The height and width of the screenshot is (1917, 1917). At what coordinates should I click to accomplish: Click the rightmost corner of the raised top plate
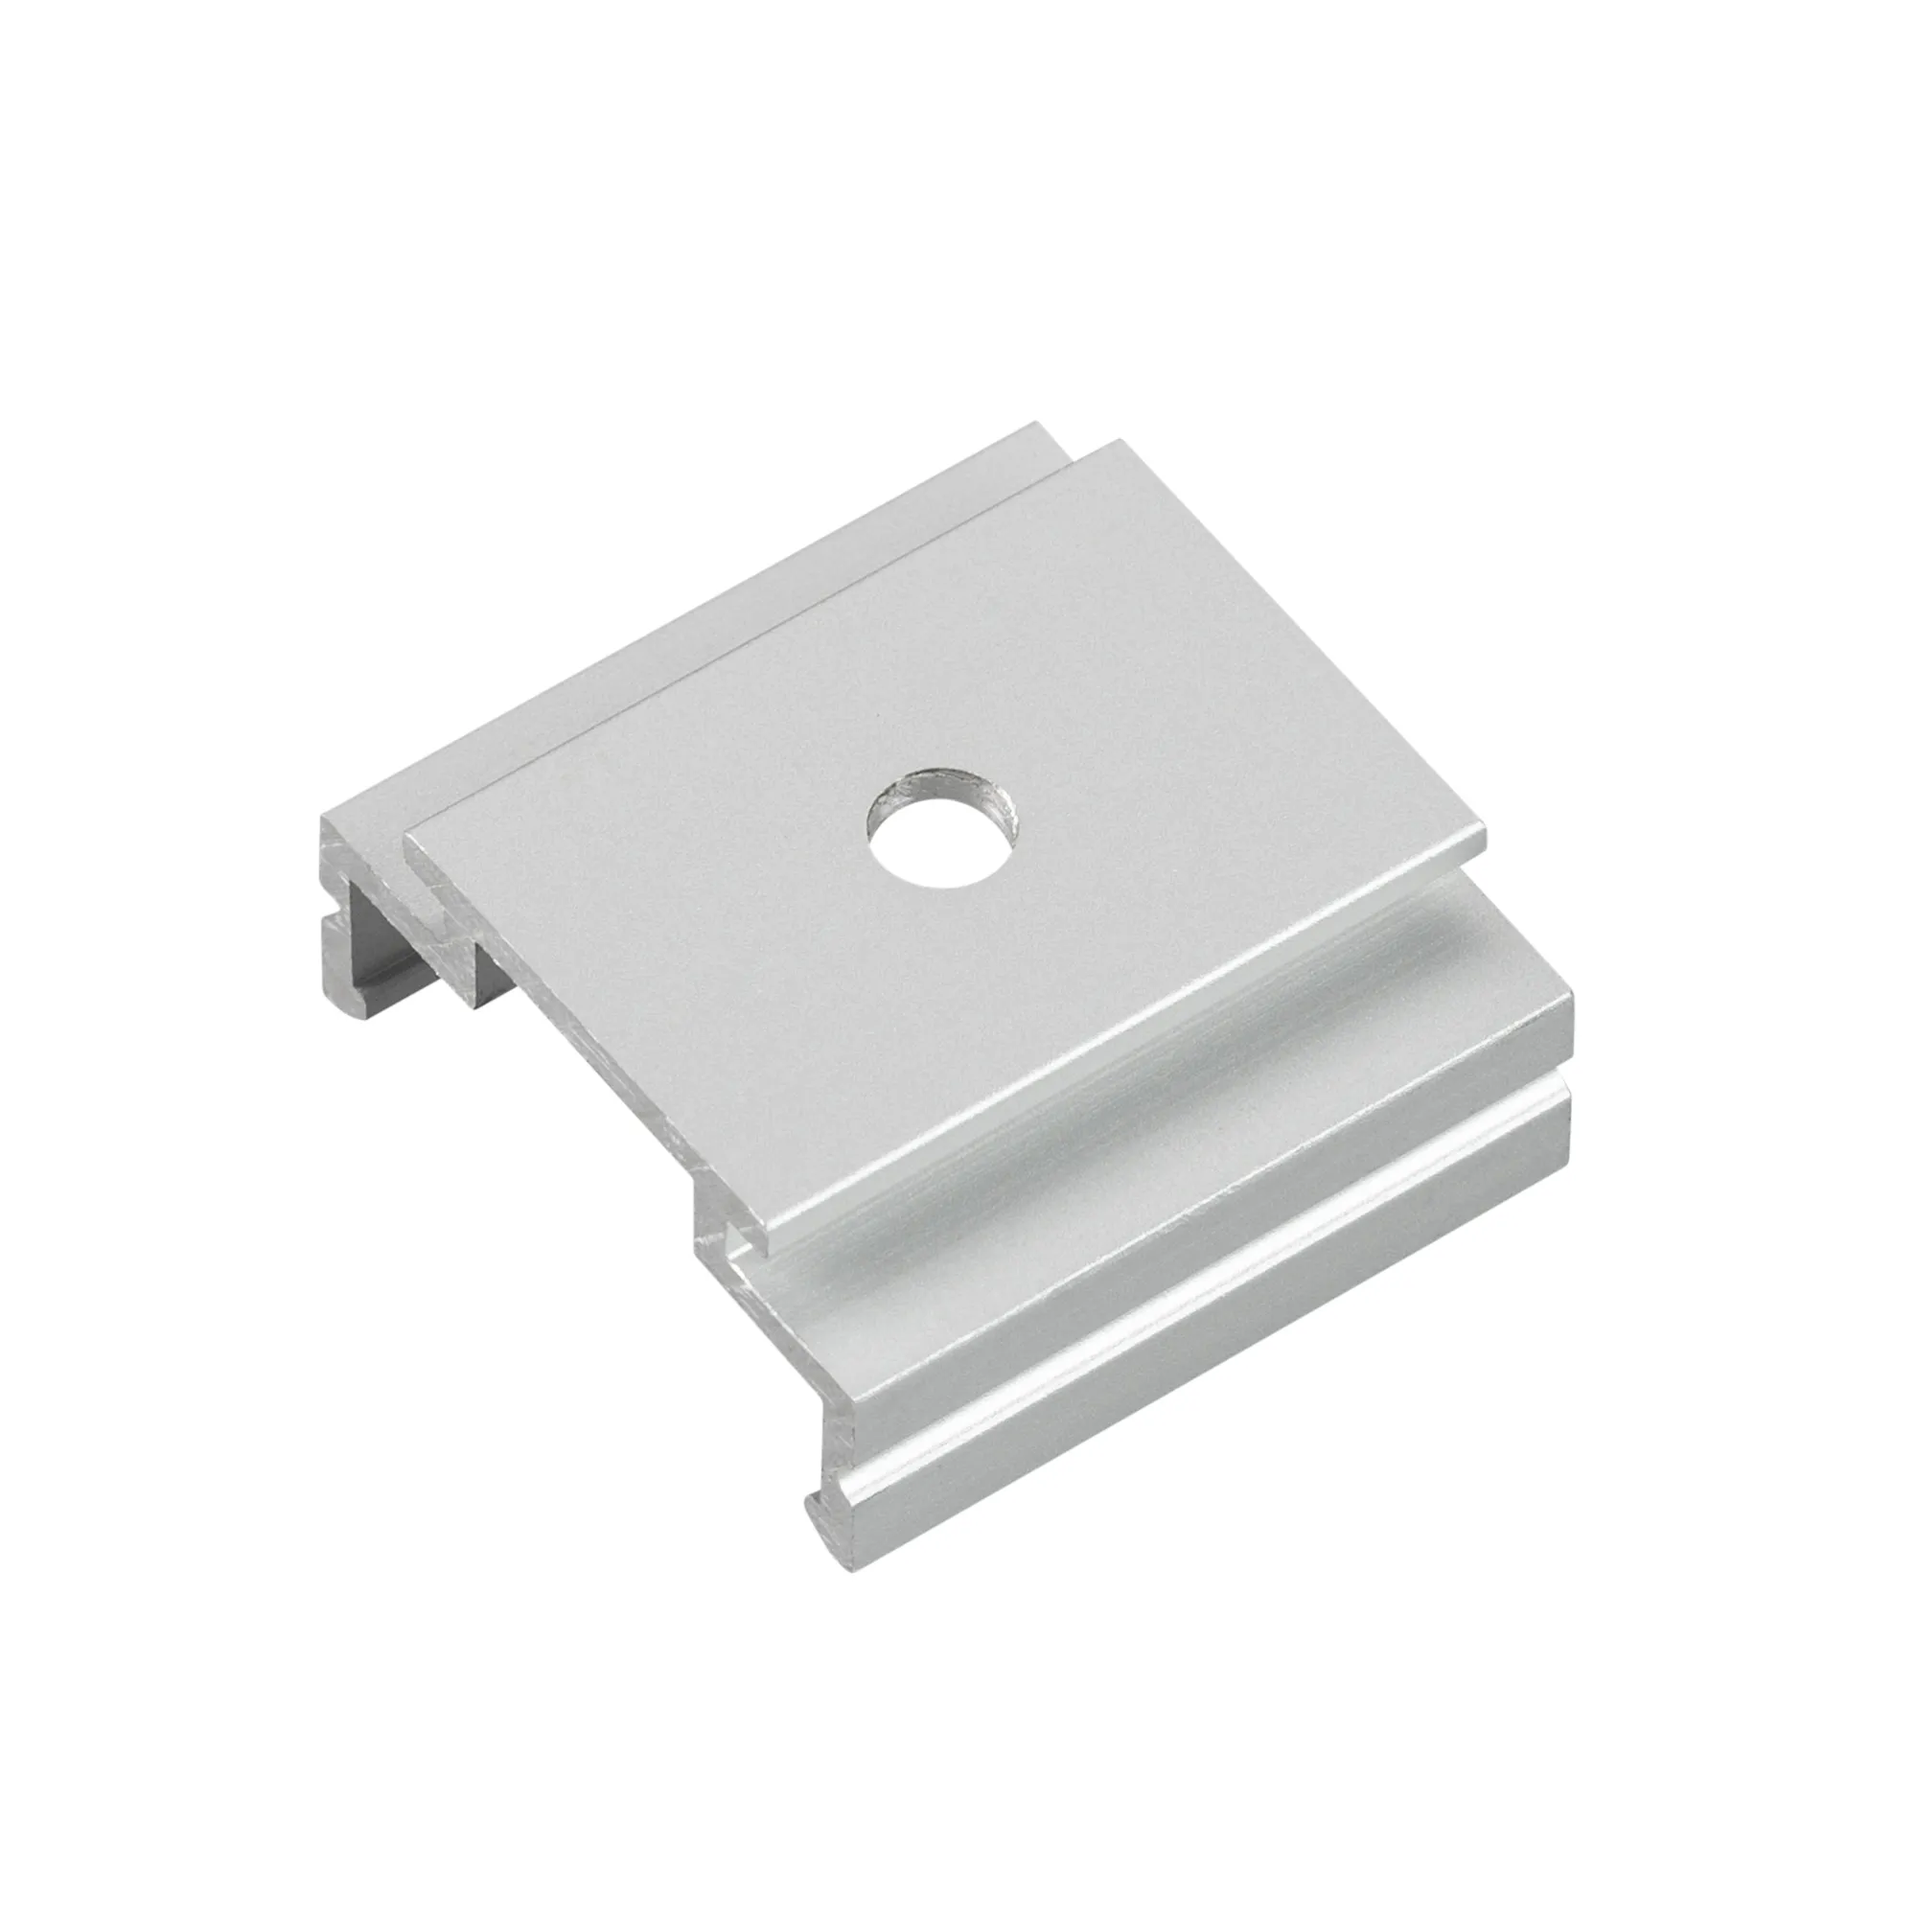pyautogui.click(x=1485, y=847)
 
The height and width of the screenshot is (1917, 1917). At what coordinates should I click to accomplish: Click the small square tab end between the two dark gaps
pyautogui.click(x=457, y=953)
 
